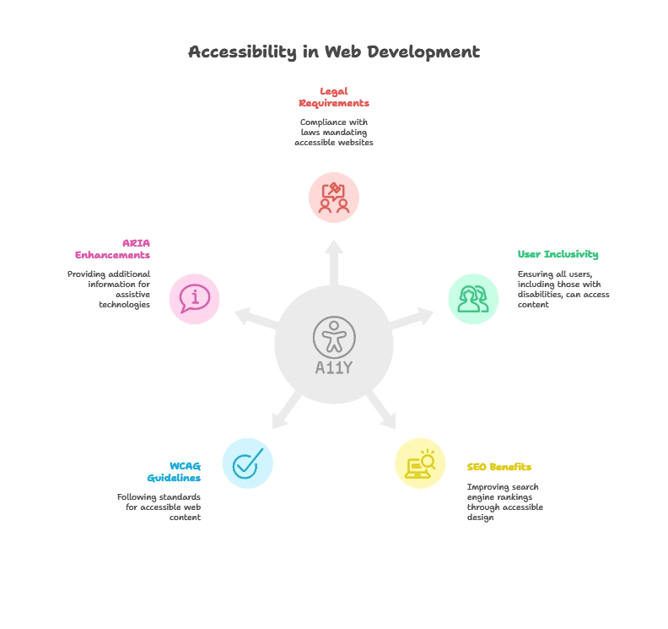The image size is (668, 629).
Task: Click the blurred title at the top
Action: [x=334, y=52]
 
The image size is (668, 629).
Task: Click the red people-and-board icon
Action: [x=334, y=198]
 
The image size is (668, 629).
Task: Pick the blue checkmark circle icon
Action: [x=248, y=463]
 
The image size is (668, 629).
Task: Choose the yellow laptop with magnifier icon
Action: [x=420, y=463]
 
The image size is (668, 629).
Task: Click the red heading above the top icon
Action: [x=334, y=97]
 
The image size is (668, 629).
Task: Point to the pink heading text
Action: [x=114, y=249]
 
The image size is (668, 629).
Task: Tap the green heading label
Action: [x=557, y=256]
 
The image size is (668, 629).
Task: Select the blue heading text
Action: [x=174, y=472]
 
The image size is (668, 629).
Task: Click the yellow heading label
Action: [x=499, y=466]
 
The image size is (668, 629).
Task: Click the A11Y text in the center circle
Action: [x=333, y=367]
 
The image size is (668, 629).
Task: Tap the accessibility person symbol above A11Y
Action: [x=334, y=336]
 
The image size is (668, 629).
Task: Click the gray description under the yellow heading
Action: [x=504, y=501]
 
